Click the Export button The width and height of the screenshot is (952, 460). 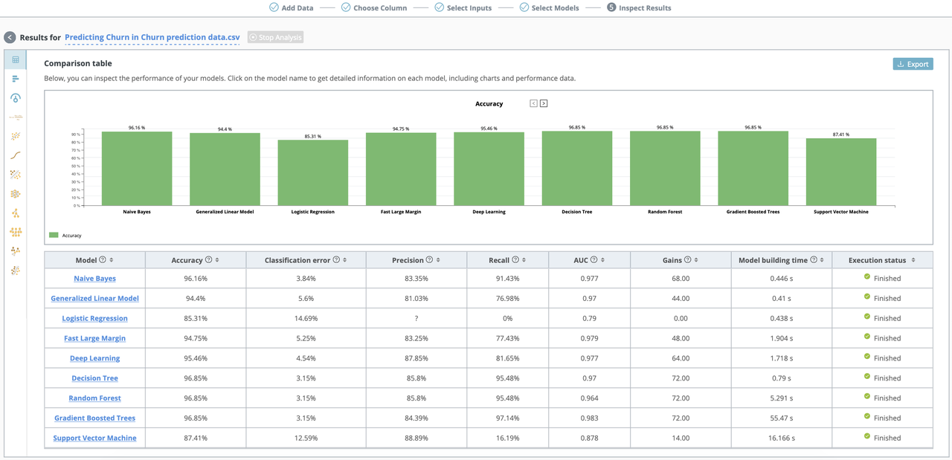[x=913, y=64]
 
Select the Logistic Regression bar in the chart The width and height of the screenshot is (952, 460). [x=313, y=172]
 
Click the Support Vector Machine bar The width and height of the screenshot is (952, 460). [x=840, y=172]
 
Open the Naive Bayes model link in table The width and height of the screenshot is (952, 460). [x=94, y=279]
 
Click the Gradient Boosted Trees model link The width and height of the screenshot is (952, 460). [x=94, y=418]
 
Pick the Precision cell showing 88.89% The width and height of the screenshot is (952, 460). [x=416, y=438]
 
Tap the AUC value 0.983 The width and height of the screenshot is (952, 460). [x=588, y=418]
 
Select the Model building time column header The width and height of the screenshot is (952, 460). [x=773, y=260]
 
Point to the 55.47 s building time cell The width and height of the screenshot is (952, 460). [x=781, y=418]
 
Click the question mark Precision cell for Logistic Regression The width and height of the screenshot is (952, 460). [x=416, y=319]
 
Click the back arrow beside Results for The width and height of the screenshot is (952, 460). [x=10, y=37]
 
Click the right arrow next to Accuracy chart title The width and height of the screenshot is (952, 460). [x=544, y=103]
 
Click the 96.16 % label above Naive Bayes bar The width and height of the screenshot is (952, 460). [x=137, y=128]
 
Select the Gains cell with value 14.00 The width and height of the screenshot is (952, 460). [x=680, y=438]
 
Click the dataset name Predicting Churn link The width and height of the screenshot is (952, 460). [x=152, y=37]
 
